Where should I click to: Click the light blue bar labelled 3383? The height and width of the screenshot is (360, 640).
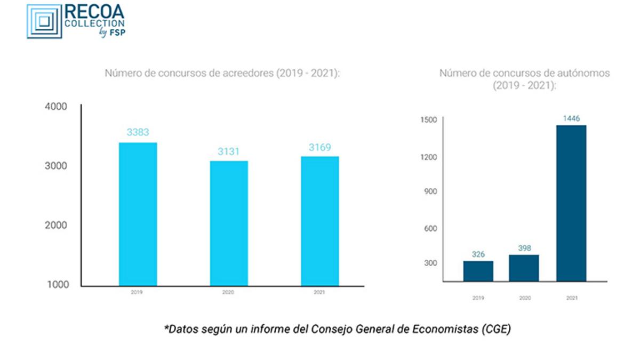click(x=138, y=214)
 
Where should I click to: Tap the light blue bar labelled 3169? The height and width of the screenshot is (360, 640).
click(x=319, y=221)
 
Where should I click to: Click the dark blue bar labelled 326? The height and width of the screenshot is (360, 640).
click(x=478, y=271)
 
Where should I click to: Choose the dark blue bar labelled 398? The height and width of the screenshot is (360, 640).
click(x=524, y=268)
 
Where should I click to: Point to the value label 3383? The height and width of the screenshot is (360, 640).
click(x=138, y=132)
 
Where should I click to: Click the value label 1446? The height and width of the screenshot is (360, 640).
click(x=571, y=118)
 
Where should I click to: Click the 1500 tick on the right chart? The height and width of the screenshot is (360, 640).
click(x=428, y=119)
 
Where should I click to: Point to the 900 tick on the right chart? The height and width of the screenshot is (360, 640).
click(x=430, y=191)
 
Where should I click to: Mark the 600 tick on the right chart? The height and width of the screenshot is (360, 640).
click(x=430, y=228)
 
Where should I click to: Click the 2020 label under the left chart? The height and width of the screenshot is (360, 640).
click(x=228, y=293)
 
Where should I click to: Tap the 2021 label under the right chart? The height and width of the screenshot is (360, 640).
click(x=571, y=298)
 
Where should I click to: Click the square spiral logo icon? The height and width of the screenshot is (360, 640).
click(x=44, y=21)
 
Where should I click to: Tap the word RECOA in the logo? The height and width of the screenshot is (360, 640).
click(x=94, y=12)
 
